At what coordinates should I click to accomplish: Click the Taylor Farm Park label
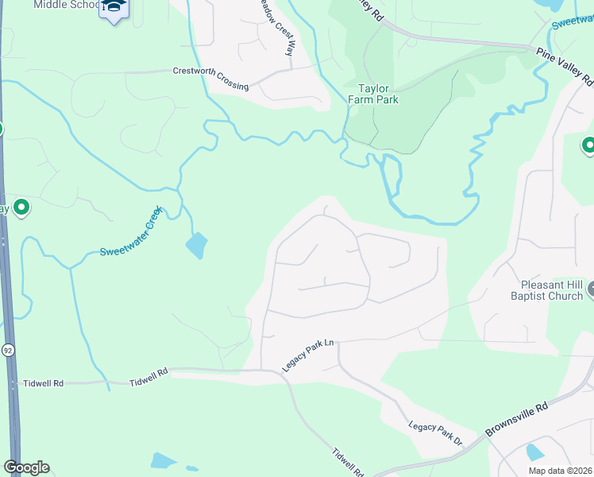point(372,95)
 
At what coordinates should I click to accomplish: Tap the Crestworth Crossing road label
point(210,79)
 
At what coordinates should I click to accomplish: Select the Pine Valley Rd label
point(565,66)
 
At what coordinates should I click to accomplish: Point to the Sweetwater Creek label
point(130,231)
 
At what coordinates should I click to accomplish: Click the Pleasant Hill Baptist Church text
point(552,290)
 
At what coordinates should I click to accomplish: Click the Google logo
point(26,467)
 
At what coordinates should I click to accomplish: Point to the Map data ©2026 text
point(559,470)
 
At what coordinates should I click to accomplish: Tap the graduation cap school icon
point(114,8)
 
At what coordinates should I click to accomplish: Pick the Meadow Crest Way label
point(275,25)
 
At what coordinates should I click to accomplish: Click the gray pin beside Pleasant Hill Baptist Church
point(590,293)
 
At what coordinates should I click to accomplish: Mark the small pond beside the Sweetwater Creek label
point(196,246)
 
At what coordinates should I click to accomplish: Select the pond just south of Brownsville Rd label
point(534,452)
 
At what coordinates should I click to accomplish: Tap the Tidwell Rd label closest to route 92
point(43,382)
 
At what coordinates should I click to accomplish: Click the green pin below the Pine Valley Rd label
point(588,145)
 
